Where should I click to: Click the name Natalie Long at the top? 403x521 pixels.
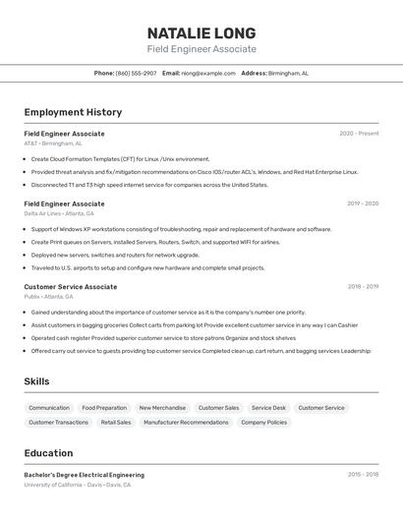point(201,32)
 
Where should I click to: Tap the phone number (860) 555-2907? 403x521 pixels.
point(136,73)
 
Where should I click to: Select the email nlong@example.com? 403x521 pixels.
point(208,73)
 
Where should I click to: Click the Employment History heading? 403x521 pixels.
point(73,112)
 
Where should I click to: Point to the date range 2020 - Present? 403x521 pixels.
point(359,134)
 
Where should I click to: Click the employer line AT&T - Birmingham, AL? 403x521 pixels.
point(53,144)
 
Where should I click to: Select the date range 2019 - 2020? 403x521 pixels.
point(363,203)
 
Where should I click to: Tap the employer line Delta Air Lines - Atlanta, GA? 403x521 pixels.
point(59,213)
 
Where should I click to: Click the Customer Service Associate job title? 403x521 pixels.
point(71,287)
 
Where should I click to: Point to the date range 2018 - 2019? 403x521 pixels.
point(363,287)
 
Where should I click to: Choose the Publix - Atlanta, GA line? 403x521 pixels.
point(49,296)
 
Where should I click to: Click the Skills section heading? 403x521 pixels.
point(36,381)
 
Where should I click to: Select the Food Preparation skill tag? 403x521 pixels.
point(104,407)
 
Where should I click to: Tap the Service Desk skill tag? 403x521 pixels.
point(268,407)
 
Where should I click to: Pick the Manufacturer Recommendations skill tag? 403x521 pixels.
point(186,422)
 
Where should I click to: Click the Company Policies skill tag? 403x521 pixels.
point(263,422)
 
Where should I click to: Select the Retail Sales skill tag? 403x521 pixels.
point(116,422)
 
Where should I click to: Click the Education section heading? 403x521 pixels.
point(48,453)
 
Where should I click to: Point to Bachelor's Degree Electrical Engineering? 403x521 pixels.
point(85,475)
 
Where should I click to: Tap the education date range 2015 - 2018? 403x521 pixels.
point(363,475)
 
